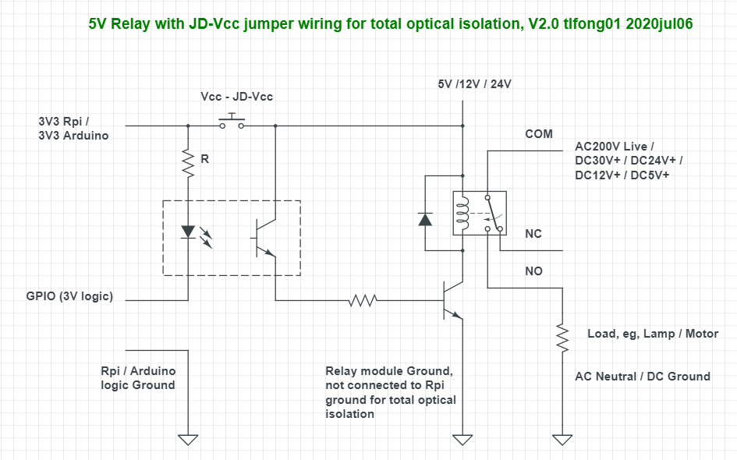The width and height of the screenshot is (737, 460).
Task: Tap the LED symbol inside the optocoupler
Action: click(188, 232)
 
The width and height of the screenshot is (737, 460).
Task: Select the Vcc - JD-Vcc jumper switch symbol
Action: click(231, 121)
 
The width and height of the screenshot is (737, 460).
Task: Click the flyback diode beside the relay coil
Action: click(425, 218)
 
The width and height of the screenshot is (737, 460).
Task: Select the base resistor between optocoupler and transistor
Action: click(363, 299)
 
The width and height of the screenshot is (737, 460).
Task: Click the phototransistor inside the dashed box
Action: click(265, 238)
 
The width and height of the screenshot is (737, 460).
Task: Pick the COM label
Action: click(538, 134)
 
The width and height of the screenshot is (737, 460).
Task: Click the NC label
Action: click(533, 234)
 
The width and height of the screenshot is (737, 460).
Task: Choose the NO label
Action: click(533, 271)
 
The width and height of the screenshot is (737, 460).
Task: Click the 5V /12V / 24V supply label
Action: click(474, 84)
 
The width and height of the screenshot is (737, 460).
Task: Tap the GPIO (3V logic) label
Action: click(69, 296)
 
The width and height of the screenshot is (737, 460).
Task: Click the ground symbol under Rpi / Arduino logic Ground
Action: click(188, 439)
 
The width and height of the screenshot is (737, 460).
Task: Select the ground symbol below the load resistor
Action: click(561, 439)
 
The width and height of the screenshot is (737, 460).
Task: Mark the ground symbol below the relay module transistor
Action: click(463, 439)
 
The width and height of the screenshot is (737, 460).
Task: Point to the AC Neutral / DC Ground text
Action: click(642, 377)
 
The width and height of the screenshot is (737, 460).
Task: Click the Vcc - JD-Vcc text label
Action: click(237, 97)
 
